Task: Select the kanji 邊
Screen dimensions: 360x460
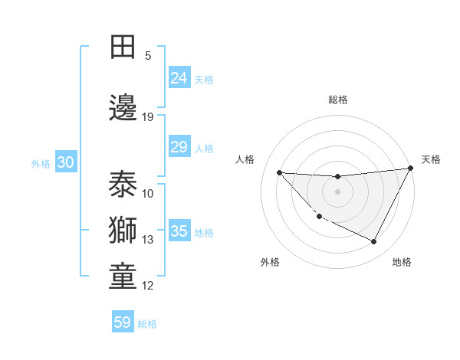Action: (123, 107)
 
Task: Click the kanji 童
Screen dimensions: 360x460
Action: (123, 277)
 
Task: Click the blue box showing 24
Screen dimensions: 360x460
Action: (179, 78)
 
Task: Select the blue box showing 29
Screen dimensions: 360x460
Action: (179, 147)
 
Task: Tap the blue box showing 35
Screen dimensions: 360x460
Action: (179, 231)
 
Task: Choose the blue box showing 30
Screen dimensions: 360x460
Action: (65, 162)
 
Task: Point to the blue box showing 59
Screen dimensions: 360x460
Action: (123, 322)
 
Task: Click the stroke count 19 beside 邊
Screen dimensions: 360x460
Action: (148, 117)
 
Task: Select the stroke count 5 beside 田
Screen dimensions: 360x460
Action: (148, 55)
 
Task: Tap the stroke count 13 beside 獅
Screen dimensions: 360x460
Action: (148, 240)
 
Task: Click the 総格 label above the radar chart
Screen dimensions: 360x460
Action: (337, 100)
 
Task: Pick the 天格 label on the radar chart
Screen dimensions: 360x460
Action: (431, 159)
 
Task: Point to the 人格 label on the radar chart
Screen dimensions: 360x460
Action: (245, 159)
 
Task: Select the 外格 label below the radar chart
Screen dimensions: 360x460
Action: (270, 262)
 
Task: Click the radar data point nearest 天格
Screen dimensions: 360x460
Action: (411, 169)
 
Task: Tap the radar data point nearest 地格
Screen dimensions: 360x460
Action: (374, 242)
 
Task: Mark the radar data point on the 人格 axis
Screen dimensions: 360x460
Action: (279, 172)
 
